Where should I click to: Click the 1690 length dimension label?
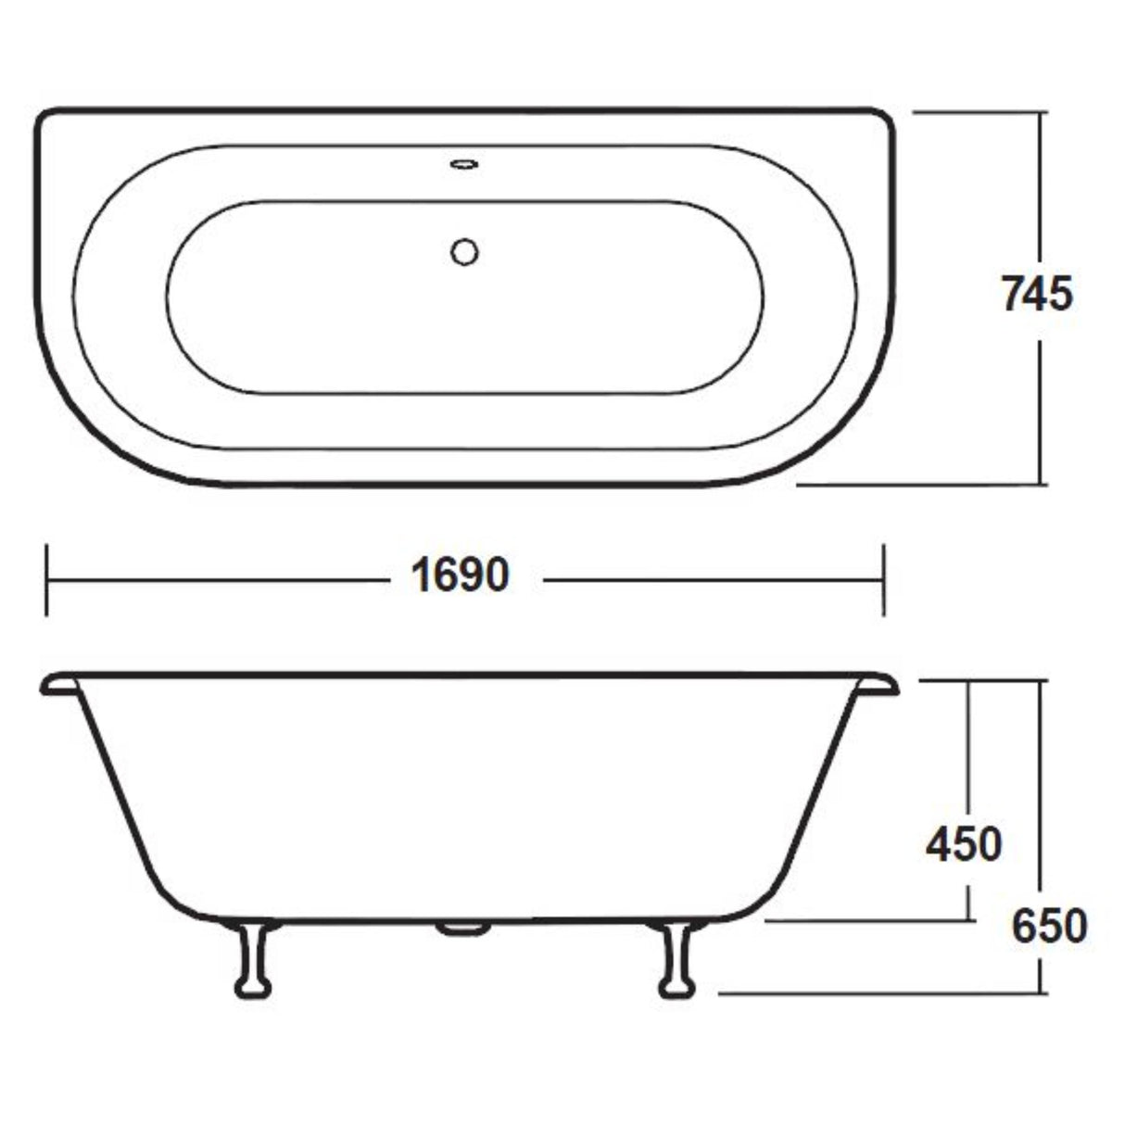pyautogui.click(x=461, y=576)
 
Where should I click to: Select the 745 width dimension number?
pyautogui.click(x=1037, y=294)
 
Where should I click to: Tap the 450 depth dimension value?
pyautogui.click(x=964, y=844)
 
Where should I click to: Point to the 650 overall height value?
pyautogui.click(x=1048, y=926)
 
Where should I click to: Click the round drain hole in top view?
pyautogui.click(x=463, y=251)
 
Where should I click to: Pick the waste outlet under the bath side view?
pyautogui.click(x=463, y=927)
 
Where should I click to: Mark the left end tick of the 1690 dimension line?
pyautogui.click(x=46, y=580)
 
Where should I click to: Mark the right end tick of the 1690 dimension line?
pyautogui.click(x=884, y=580)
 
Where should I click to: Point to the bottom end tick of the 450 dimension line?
pyautogui.click(x=969, y=921)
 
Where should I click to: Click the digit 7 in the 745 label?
pyautogui.click(x=1013, y=294)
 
